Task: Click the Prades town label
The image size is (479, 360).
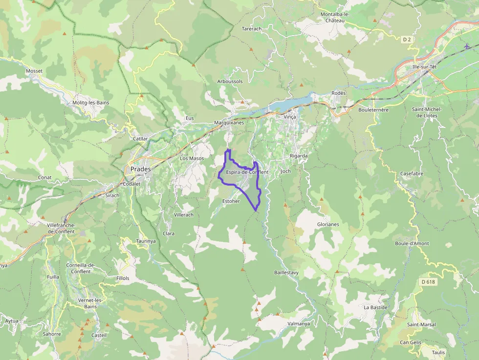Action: pyautogui.click(x=141, y=169)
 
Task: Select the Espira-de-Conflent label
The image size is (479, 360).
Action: pyautogui.click(x=247, y=172)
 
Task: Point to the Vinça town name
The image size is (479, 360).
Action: pyautogui.click(x=290, y=117)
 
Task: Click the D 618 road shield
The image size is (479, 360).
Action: pyautogui.click(x=427, y=282)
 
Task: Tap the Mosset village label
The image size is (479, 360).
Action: pyautogui.click(x=34, y=71)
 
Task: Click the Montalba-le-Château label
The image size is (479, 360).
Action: pyautogui.click(x=335, y=18)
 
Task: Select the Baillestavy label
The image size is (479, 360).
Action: pyautogui.click(x=286, y=272)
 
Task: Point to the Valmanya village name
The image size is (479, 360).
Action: pyautogui.click(x=299, y=323)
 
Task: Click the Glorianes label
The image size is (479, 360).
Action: pyautogui.click(x=328, y=224)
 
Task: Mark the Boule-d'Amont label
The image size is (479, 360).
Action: pyautogui.click(x=412, y=243)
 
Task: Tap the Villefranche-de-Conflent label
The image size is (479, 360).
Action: pyautogui.click(x=61, y=228)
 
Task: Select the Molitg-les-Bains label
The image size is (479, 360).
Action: pyautogui.click(x=90, y=103)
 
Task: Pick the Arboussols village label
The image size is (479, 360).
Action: pyautogui.click(x=230, y=81)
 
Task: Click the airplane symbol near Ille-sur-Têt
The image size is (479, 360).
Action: pyautogui.click(x=467, y=47)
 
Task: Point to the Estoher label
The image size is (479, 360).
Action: pyautogui.click(x=231, y=201)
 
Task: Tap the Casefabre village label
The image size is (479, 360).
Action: pyautogui.click(x=412, y=173)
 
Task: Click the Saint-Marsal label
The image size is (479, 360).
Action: pyautogui.click(x=421, y=324)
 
